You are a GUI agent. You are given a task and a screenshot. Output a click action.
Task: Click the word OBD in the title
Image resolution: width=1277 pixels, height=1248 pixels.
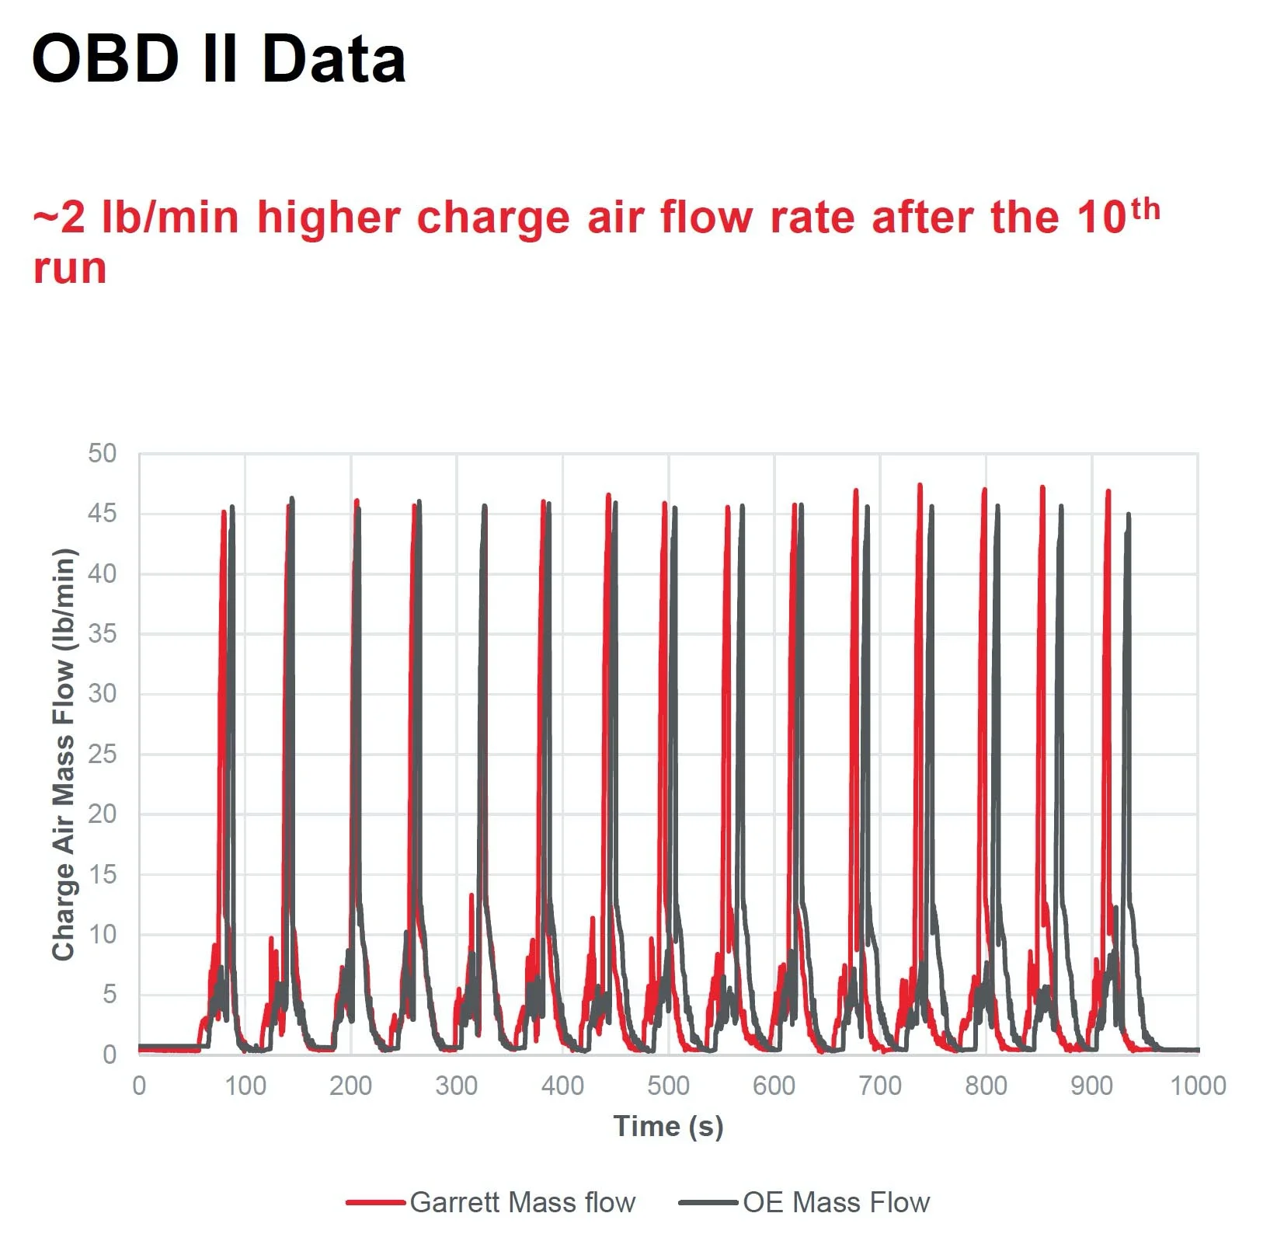106,59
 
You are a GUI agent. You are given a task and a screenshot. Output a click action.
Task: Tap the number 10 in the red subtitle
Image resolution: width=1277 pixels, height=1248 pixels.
1101,218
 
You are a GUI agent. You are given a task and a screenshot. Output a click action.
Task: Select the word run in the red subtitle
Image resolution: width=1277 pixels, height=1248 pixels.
69,269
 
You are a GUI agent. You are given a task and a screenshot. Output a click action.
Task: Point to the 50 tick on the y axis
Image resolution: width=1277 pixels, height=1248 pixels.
102,454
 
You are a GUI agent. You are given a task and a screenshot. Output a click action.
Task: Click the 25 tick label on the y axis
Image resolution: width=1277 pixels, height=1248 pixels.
102,755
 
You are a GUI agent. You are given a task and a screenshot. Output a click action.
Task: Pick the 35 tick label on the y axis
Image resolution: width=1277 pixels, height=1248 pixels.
102,634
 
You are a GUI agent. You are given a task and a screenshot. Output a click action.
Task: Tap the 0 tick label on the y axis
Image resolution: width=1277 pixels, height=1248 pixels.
110,1055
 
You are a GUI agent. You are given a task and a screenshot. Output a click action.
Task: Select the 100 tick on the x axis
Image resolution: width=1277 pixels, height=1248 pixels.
245,1086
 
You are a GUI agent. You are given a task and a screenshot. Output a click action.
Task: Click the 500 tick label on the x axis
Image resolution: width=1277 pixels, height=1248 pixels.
668,1086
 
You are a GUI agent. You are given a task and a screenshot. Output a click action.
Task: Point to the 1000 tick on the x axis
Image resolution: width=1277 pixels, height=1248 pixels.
1198,1086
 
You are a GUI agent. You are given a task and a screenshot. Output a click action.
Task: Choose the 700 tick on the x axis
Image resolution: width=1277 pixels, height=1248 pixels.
880,1086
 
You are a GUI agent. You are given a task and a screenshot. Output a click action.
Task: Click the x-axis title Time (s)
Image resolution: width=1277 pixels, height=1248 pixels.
668,1126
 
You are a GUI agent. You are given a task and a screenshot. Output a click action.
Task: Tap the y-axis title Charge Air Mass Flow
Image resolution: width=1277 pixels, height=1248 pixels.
64,754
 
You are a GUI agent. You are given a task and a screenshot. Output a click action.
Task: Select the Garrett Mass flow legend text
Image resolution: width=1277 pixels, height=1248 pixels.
523,1203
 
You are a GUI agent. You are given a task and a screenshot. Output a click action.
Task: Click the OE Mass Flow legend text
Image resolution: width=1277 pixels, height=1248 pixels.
836,1203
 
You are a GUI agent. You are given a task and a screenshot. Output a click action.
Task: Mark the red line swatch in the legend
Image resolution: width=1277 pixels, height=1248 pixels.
376,1203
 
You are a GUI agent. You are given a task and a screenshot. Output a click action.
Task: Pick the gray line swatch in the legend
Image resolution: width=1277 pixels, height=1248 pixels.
708,1203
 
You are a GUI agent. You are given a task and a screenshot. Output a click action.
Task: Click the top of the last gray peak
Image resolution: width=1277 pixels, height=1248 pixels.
1129,514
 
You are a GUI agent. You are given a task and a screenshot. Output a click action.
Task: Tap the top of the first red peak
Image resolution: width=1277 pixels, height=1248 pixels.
224,511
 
